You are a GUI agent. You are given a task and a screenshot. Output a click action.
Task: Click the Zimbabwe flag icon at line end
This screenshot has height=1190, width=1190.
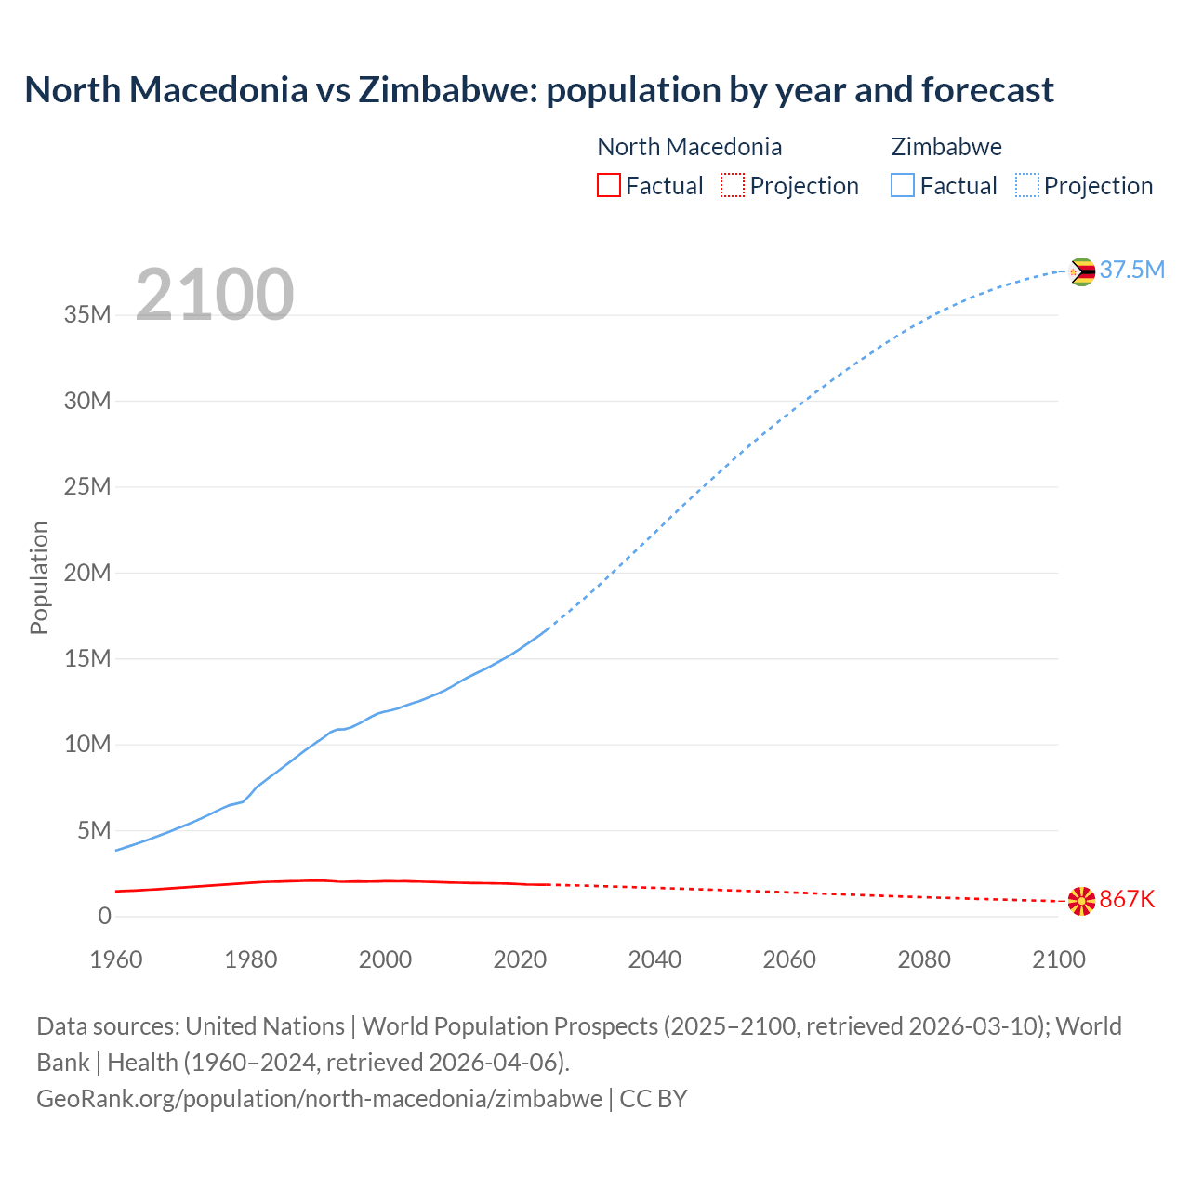(1081, 271)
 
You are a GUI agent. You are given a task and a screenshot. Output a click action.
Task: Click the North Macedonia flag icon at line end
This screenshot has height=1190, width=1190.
(1081, 901)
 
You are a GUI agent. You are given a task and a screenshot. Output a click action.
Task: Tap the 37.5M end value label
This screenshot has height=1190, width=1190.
(1131, 270)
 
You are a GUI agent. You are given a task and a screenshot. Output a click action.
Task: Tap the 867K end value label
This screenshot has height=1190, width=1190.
(1127, 899)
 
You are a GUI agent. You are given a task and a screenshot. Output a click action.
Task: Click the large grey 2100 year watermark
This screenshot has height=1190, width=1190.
(215, 295)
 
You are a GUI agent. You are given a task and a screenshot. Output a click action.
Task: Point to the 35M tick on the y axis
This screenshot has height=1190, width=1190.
(87, 315)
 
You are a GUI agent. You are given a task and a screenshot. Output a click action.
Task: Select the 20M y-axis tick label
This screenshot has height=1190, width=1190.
(87, 573)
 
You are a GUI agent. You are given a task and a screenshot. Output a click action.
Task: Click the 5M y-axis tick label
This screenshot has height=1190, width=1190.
(94, 830)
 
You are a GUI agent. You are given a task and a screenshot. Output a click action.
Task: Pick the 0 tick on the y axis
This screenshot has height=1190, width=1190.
(104, 916)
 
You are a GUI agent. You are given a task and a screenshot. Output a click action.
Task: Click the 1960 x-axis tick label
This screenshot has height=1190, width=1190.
(116, 959)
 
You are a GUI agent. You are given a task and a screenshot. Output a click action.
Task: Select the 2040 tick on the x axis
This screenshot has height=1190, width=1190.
(654, 959)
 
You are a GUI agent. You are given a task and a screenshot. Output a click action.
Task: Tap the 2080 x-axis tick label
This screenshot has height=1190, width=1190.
(924, 959)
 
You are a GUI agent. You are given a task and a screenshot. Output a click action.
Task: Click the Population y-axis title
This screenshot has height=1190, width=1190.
(39, 577)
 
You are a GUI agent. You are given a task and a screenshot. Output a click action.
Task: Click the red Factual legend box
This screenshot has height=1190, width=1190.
(608, 185)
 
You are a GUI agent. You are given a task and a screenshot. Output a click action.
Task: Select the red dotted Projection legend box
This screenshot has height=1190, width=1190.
(733, 185)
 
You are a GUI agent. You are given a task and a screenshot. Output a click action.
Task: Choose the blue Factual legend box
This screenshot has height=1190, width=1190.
(902, 185)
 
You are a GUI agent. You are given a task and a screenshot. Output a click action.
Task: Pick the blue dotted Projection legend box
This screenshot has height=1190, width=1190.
(1026, 185)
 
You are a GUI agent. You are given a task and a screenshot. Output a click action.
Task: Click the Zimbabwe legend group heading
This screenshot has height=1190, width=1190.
(946, 147)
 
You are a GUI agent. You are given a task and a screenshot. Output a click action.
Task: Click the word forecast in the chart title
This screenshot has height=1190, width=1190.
(987, 90)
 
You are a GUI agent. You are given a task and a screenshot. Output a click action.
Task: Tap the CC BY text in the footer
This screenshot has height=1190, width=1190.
(654, 1098)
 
